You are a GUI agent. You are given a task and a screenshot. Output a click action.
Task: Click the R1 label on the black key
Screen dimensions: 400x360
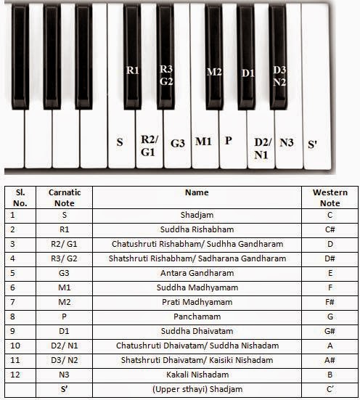(132, 70)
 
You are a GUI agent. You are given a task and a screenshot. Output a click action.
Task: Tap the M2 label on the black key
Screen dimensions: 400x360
(213, 72)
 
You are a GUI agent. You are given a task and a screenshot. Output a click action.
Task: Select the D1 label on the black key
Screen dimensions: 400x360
(247, 73)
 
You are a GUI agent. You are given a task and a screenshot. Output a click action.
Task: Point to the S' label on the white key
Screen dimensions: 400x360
(313, 144)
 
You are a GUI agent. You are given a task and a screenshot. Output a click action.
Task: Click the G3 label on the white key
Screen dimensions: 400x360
(178, 143)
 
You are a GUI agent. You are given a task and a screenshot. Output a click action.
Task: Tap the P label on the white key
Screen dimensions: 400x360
(229, 140)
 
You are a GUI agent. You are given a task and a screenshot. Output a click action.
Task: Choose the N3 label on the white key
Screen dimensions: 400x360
(287, 143)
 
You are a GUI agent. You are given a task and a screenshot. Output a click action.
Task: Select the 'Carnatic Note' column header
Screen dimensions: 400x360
(65, 197)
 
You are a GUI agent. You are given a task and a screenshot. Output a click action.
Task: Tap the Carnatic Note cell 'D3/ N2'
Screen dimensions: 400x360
(65, 361)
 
